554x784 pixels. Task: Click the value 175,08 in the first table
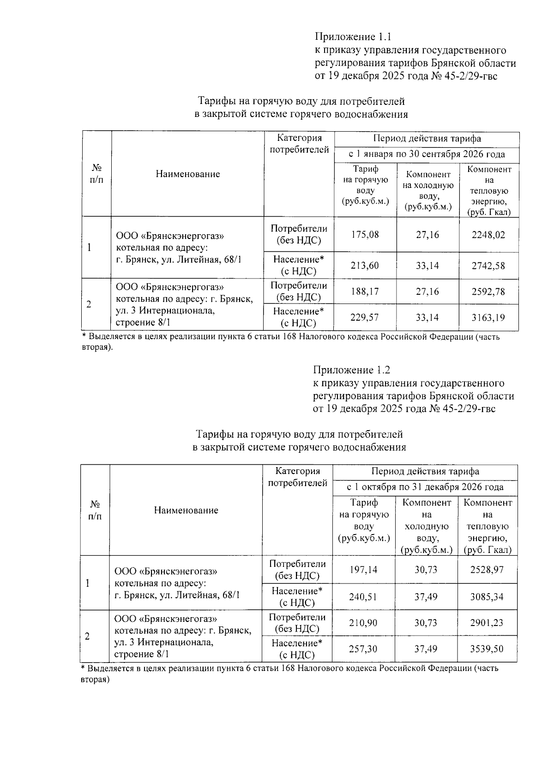click(365, 235)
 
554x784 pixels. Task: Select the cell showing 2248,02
click(488, 235)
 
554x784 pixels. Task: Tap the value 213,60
click(365, 266)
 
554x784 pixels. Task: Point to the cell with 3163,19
click(488, 317)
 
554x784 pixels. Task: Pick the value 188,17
click(365, 292)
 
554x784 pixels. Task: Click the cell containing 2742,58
click(488, 266)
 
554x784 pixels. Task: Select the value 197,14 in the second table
click(363, 570)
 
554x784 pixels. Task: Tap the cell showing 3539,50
click(487, 649)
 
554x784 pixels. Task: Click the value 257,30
click(363, 649)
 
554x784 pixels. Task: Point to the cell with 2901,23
click(487, 623)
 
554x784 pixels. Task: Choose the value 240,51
click(363, 596)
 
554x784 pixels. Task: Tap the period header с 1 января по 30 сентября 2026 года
click(427, 154)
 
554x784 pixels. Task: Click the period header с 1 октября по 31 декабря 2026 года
click(425, 487)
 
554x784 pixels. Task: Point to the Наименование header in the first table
click(187, 174)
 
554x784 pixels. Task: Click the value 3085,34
click(487, 596)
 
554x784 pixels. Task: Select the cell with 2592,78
click(488, 292)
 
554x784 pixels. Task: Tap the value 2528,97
click(487, 570)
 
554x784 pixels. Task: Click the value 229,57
click(365, 317)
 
